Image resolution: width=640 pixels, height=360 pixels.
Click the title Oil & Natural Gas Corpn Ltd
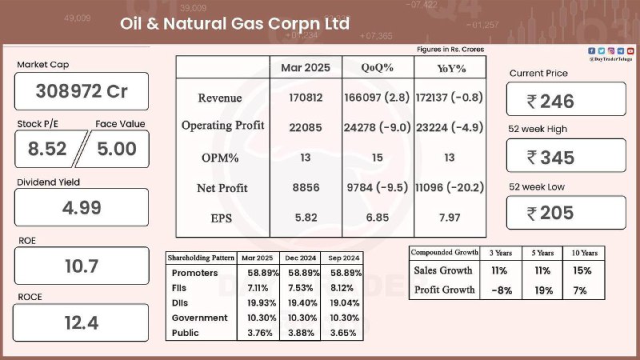pyautogui.click(x=234, y=24)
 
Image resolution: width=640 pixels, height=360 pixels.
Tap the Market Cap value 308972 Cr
pyautogui.click(x=82, y=91)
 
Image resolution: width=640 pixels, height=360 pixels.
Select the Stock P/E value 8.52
pyautogui.click(x=47, y=149)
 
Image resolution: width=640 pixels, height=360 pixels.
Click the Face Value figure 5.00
pyautogui.click(x=117, y=149)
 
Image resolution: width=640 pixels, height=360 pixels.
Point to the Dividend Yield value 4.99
pyautogui.click(x=82, y=208)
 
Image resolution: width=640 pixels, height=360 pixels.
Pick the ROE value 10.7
pyautogui.click(x=82, y=266)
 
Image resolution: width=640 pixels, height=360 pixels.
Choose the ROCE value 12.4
pyautogui.click(x=82, y=323)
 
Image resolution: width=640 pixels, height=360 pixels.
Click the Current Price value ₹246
pyautogui.click(x=550, y=102)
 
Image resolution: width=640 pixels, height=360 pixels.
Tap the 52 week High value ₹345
pyautogui.click(x=550, y=158)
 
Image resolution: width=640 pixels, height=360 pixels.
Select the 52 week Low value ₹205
pyautogui.click(x=550, y=213)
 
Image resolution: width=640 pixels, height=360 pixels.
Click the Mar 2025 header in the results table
pyautogui.click(x=306, y=67)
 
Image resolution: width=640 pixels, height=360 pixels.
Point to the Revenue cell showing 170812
pyautogui.click(x=306, y=98)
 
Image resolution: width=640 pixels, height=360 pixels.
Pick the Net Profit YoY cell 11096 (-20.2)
pyautogui.click(x=450, y=188)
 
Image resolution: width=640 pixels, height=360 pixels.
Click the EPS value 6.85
pyautogui.click(x=378, y=218)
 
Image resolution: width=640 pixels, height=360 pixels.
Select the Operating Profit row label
pyautogui.click(x=223, y=126)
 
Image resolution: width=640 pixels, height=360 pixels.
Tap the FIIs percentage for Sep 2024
pyautogui.click(x=342, y=288)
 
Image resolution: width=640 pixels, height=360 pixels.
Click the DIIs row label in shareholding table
pyautogui.click(x=179, y=303)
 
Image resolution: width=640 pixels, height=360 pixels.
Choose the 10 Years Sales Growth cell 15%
pyautogui.click(x=582, y=270)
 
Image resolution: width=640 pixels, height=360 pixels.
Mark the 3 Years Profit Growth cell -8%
pyautogui.click(x=502, y=290)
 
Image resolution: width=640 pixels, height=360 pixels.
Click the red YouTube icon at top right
pyautogui.click(x=630, y=51)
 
